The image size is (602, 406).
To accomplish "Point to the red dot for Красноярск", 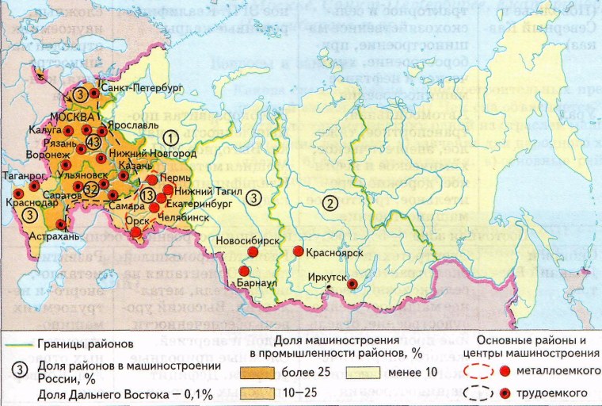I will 299,251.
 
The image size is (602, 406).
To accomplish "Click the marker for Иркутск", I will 352,285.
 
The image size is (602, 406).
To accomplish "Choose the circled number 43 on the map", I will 93,142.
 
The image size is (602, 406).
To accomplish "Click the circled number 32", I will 91,189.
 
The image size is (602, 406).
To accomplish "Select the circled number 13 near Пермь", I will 147,196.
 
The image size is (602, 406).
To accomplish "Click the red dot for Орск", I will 136,232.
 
